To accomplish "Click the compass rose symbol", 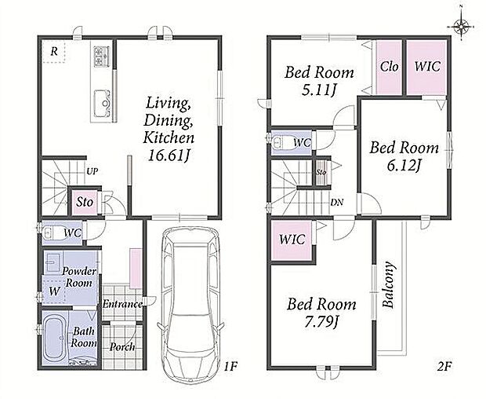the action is coord(462,27).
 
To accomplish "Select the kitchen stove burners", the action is coord(102,56).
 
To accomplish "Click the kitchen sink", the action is coord(102,104).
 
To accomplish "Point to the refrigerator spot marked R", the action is coord(54,51).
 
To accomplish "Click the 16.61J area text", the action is coord(169,155).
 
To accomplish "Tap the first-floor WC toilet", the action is coord(52,232).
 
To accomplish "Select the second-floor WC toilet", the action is coord(281,142).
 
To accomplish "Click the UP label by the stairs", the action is coord(92,170).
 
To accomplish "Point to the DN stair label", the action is coord(337,203).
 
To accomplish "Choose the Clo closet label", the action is coord(389,67).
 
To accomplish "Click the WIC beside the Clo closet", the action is coord(427,67).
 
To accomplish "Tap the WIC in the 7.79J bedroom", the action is coord(292,239).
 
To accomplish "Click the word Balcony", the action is coord(388,285).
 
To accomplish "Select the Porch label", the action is coord(122,347).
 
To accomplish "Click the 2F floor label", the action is coord(444,367).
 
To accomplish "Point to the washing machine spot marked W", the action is coord(54,291).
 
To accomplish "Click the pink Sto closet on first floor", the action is coord(85,202).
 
